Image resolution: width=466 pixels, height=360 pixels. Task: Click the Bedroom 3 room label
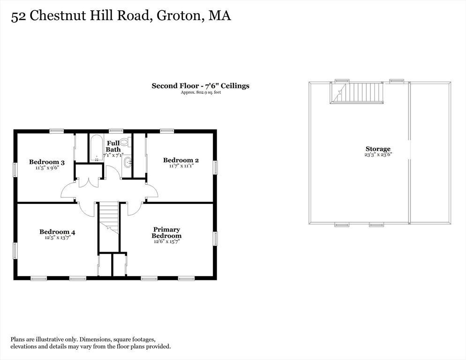47,162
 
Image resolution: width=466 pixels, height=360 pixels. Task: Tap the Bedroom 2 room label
180,160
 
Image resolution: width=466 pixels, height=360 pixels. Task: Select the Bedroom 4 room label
57,232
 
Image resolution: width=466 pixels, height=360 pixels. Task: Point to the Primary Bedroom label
166,232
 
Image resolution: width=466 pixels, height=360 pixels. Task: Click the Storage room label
378,149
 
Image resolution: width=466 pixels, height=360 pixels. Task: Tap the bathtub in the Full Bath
96,148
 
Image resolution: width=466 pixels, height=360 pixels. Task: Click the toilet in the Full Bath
126,142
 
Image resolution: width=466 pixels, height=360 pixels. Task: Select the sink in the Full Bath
128,162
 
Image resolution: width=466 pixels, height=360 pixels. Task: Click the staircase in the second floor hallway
108,218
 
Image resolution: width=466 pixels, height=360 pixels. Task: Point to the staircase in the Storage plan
357,93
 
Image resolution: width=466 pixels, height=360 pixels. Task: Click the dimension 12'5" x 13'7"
57,238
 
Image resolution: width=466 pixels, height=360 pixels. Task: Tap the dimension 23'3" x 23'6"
378,155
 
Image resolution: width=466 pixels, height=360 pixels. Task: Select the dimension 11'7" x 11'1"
181,166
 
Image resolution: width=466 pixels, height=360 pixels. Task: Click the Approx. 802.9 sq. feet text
201,92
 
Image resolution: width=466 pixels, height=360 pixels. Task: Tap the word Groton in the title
179,16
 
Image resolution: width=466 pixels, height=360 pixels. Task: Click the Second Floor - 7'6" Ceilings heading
200,86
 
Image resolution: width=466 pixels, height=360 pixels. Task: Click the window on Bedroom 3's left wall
15,169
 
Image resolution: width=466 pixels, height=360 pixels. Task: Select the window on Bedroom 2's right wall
216,167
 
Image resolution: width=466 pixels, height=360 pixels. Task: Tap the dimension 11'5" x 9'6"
47,168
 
